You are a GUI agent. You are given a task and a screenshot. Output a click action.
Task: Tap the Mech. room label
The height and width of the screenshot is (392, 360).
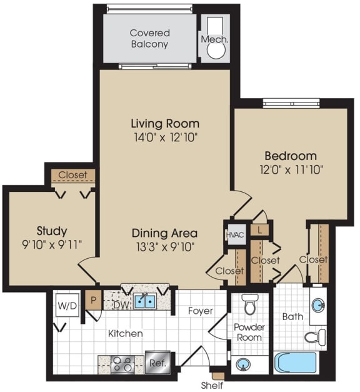(x=214, y=39)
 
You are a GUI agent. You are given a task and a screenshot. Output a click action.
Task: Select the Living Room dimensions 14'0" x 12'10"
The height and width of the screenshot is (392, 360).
(x=165, y=136)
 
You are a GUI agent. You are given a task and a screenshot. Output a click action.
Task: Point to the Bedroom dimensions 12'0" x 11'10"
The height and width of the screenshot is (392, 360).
(x=290, y=168)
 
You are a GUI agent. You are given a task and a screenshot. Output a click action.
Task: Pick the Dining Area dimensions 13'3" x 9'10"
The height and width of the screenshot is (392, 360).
(x=164, y=246)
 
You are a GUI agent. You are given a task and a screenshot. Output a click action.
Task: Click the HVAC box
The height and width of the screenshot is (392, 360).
(x=233, y=234)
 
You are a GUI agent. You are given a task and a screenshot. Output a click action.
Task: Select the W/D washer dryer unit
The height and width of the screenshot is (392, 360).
(x=66, y=306)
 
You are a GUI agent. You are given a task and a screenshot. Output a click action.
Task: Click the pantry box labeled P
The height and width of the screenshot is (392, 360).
(x=93, y=299)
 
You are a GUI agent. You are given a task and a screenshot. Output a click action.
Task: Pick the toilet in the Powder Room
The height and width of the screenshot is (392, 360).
(x=251, y=304)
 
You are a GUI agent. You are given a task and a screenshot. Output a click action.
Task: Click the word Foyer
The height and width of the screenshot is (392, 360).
(x=200, y=311)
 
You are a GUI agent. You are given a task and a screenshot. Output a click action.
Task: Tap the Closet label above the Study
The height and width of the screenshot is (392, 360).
(x=72, y=175)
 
